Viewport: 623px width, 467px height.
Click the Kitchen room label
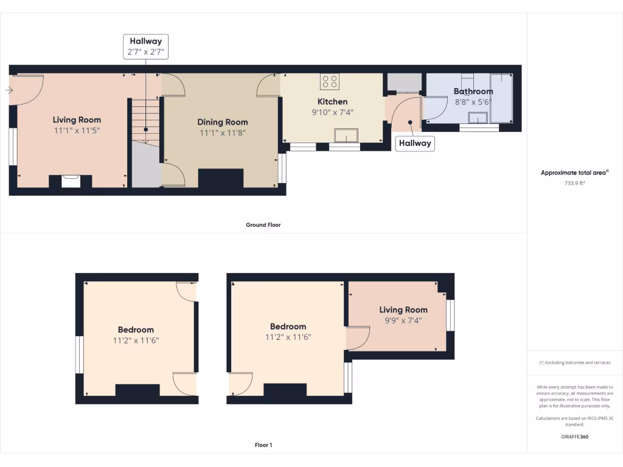click(x=332, y=102)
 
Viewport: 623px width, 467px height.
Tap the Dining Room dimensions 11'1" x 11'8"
click(x=223, y=133)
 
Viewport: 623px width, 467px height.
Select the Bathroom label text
click(x=473, y=92)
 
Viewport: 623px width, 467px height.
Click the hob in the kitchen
click(x=330, y=81)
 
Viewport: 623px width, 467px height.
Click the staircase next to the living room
click(x=145, y=121)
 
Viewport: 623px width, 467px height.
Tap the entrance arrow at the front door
click(x=9, y=90)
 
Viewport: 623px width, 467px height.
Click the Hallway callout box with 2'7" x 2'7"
click(x=145, y=47)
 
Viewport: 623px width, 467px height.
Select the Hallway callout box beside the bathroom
click(x=415, y=143)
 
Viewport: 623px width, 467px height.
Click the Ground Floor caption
click(x=263, y=225)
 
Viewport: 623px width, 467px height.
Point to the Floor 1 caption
click(x=263, y=445)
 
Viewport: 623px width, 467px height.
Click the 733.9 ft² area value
click(x=574, y=182)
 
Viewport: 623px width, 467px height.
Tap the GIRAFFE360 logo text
click(x=574, y=437)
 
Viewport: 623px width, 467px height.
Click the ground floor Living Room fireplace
click(x=71, y=181)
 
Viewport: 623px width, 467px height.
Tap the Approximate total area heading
click(x=574, y=173)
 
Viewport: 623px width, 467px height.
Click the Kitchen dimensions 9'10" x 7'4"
click(x=332, y=112)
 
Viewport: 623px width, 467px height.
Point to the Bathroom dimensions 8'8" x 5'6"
click(x=473, y=102)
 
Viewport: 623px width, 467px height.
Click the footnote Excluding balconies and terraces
click(x=574, y=362)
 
